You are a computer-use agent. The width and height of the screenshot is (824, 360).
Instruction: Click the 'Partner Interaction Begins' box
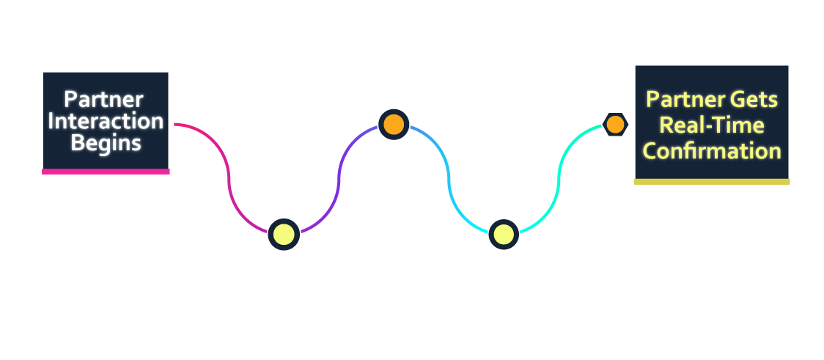[106, 121]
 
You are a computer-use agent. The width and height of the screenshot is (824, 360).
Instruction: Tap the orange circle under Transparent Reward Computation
[394, 125]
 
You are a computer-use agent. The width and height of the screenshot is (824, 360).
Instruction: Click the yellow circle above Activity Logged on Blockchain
[284, 235]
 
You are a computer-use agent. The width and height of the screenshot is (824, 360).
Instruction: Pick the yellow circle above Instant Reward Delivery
[504, 235]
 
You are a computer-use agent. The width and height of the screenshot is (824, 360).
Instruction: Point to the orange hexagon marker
[615, 125]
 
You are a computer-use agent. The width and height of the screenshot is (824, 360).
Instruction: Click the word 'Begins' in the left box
[106, 143]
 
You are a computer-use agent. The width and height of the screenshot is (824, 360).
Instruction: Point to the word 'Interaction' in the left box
[106, 121]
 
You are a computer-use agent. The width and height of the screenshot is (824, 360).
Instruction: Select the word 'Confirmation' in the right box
[711, 150]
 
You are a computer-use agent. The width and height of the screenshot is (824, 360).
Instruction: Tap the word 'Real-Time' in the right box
[711, 125]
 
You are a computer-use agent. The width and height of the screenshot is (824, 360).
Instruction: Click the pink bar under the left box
[106, 172]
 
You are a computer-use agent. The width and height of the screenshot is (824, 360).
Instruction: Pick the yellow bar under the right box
[711, 181]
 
